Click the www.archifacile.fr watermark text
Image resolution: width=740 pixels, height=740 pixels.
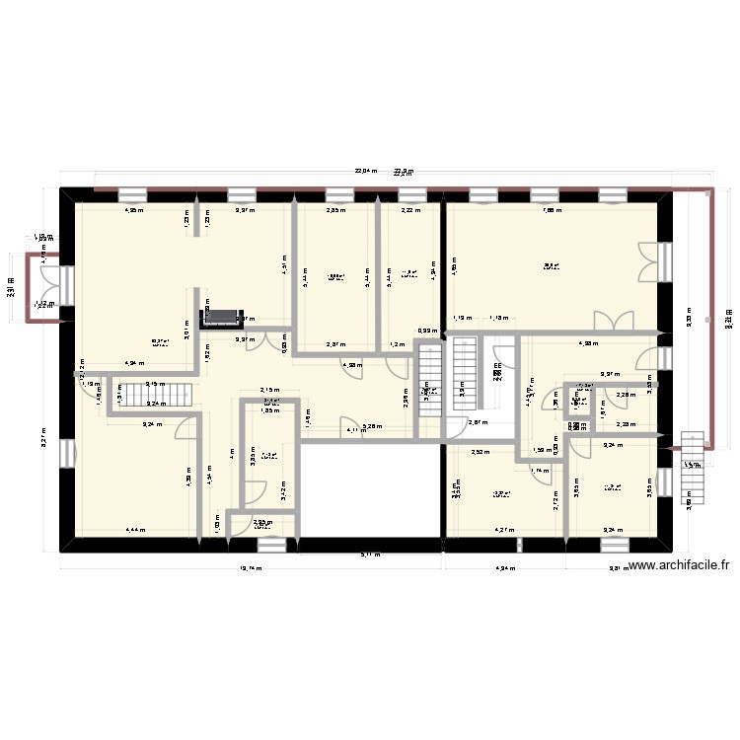click(x=679, y=566)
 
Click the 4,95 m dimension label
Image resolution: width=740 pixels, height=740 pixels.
click(x=132, y=209)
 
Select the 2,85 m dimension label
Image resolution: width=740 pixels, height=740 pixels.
click(x=336, y=209)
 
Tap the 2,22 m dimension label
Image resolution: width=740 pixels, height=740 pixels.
click(x=410, y=209)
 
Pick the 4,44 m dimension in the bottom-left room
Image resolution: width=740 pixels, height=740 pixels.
click(x=134, y=530)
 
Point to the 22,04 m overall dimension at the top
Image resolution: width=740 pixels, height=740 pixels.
click(x=367, y=171)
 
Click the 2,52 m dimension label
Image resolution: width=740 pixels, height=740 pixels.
click(x=479, y=453)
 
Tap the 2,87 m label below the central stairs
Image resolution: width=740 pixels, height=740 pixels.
click(x=477, y=422)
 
